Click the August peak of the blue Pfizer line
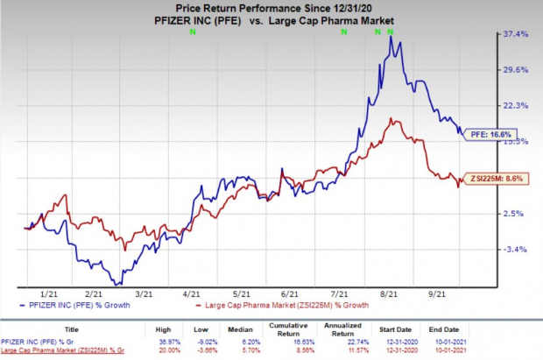(390, 37)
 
